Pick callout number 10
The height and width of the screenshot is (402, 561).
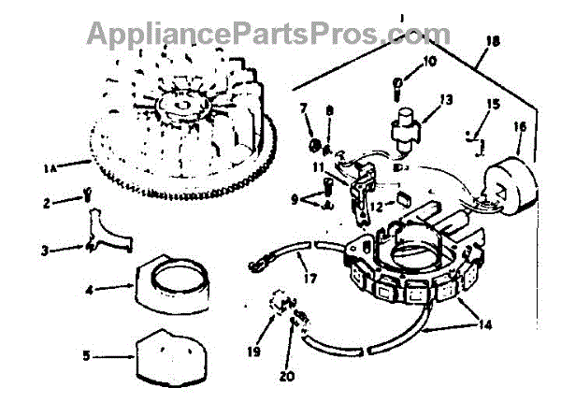(x=429, y=62)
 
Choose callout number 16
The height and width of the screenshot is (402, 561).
(x=519, y=124)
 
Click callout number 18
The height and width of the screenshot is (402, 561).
(x=493, y=40)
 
